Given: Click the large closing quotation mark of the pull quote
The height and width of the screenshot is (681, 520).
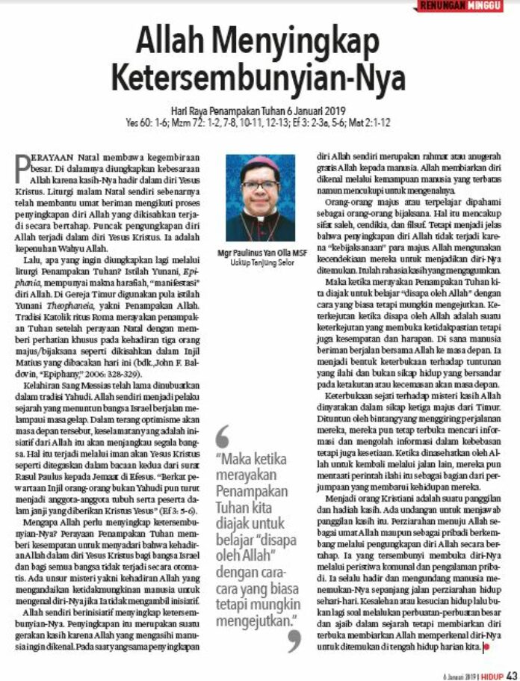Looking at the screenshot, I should click(294, 639).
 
